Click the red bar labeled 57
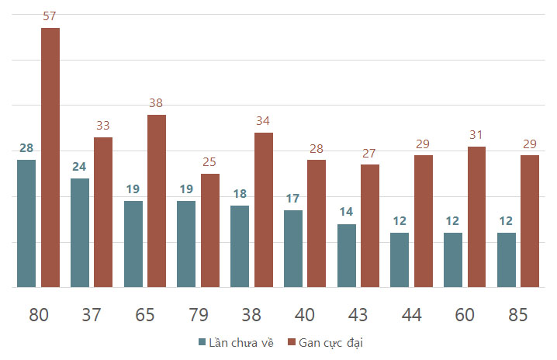click(x=50, y=157)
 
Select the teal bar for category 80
click(x=26, y=223)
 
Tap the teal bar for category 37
click(x=80, y=233)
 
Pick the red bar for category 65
click(x=157, y=201)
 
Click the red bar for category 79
click(x=210, y=230)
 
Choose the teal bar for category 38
click(x=240, y=246)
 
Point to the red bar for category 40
click(x=317, y=223)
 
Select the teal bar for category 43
click(x=347, y=255)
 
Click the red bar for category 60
click(x=477, y=216)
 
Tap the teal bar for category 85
click(x=507, y=260)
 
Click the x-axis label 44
click(x=411, y=315)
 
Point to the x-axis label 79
click(x=199, y=315)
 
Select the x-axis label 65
click(x=145, y=315)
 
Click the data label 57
click(x=50, y=16)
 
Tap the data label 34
click(x=263, y=121)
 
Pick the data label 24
click(x=79, y=167)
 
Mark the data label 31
click(x=476, y=135)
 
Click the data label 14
click(x=346, y=212)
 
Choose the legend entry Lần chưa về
click(x=237, y=343)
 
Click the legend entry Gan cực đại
click(x=325, y=343)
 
